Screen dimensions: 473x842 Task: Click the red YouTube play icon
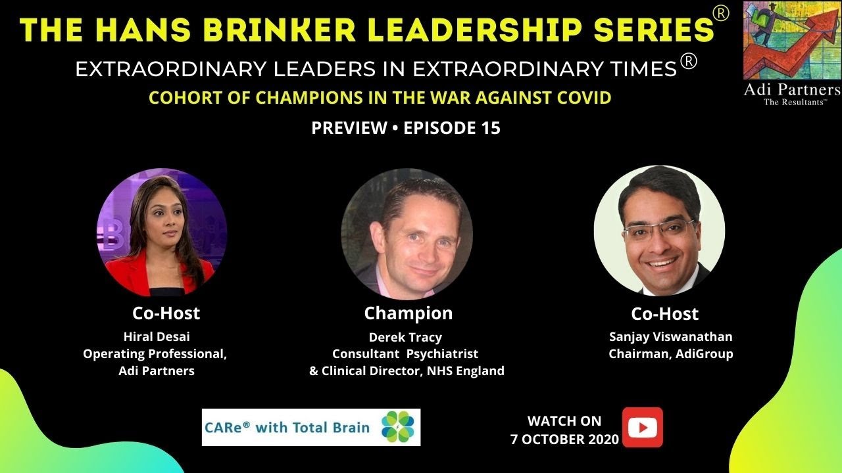point(642,427)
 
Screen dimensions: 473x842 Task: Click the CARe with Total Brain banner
point(310,427)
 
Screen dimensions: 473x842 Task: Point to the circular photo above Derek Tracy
point(407,234)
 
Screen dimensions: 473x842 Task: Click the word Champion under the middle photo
point(408,313)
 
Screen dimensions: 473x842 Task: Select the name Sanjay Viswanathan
point(670,337)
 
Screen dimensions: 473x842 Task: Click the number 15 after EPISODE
point(488,128)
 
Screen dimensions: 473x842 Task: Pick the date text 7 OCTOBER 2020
point(564,439)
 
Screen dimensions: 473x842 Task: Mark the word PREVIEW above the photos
point(349,128)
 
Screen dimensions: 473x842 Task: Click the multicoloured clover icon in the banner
point(397,426)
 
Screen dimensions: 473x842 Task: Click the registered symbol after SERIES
point(721,14)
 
